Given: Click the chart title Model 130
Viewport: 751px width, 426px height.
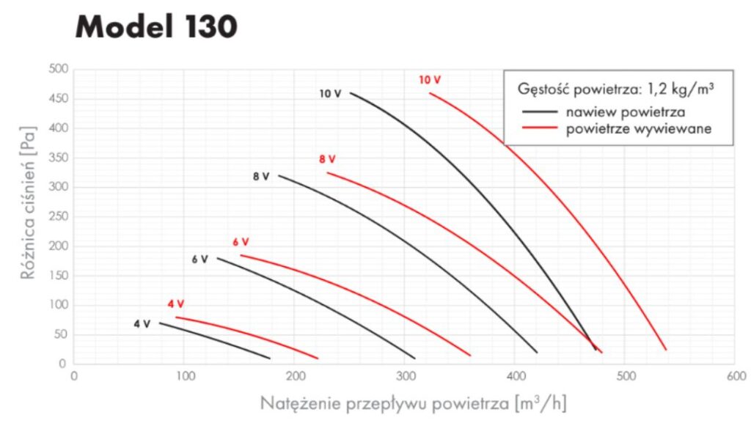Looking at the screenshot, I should (155, 27).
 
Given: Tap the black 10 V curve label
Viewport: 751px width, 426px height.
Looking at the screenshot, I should (330, 94).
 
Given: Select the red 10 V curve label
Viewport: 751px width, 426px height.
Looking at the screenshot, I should (430, 79).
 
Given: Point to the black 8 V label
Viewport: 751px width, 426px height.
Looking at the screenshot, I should (261, 177).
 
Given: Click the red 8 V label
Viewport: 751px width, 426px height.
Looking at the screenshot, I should (327, 159).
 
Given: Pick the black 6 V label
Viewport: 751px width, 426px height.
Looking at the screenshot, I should (199, 259).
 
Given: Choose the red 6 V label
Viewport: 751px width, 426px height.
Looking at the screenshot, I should (241, 242).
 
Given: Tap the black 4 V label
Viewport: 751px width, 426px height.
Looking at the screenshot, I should (142, 323).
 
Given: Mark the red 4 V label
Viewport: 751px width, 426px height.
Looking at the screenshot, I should (175, 304).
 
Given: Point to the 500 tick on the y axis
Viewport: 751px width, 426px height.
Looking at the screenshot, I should (59, 70).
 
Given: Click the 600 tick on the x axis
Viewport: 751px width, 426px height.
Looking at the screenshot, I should (735, 376).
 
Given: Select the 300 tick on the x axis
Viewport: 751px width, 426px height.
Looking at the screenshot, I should (404, 376).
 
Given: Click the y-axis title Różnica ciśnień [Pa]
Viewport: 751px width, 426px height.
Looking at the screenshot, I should (27, 216).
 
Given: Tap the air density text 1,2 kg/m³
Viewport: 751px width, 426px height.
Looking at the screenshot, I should (675, 89).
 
